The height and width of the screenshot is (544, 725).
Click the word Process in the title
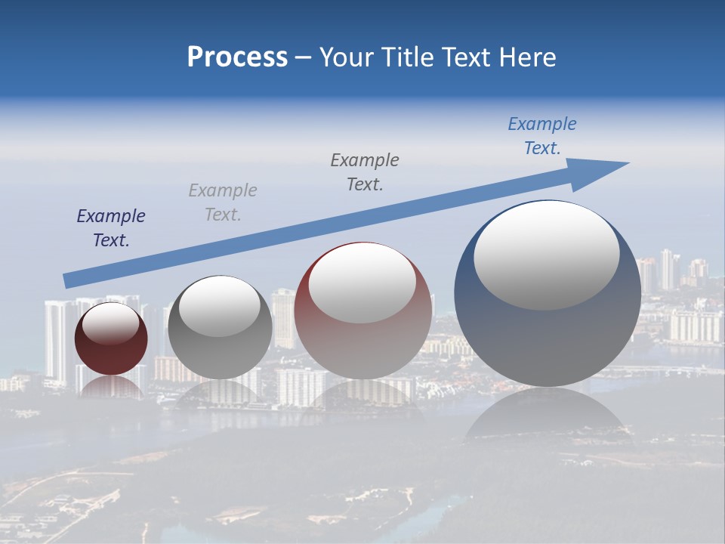click(237, 57)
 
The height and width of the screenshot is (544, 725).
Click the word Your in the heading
click(345, 57)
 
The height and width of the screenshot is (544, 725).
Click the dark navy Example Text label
click(111, 228)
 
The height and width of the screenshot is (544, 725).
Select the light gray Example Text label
click(223, 202)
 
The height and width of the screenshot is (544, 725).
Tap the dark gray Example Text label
click(365, 172)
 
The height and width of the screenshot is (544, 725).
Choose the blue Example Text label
click(542, 136)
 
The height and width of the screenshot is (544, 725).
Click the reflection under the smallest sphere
click(111, 387)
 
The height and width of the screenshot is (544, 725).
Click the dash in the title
click(304, 58)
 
